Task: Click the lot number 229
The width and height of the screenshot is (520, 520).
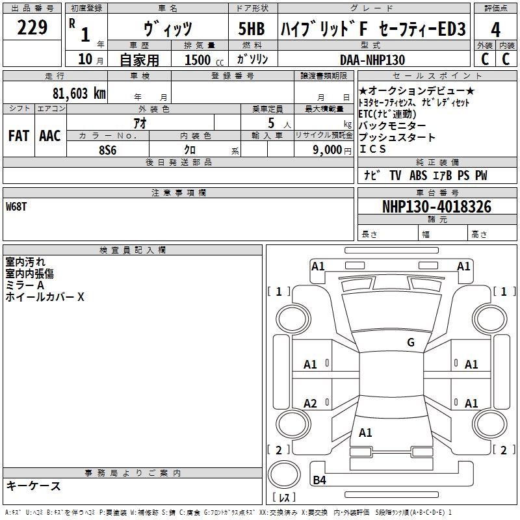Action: pos(32,28)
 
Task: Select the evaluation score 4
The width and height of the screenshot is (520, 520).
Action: pos(495,29)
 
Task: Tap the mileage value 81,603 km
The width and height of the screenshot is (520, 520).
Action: pos(79,93)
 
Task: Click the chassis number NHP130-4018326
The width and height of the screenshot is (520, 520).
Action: pos(437,207)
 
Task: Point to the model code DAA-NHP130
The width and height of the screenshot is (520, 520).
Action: pos(372,60)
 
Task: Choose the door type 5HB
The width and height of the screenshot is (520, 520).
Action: pos(252,29)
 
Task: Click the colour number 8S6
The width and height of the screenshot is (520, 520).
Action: pos(108,150)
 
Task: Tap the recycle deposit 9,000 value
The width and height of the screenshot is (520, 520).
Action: pos(327,150)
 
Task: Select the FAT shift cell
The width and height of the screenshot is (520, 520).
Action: pos(18,136)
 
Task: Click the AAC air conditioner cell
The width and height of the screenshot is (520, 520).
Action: pos(49,136)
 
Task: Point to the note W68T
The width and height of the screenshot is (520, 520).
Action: pos(17,207)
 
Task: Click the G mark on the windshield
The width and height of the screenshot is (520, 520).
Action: pos(410,343)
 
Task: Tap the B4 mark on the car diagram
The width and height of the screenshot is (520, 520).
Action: pos(319,480)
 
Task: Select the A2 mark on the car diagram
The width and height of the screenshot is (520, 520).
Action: pos(311,404)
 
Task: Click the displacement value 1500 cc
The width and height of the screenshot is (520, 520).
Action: pos(201,60)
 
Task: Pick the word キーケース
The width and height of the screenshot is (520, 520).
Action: pos(34,486)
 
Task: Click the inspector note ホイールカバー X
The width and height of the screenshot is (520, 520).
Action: pos(45,297)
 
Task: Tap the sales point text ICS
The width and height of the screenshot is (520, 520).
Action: pos(372,149)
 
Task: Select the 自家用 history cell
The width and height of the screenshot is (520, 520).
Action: pos(139,60)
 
